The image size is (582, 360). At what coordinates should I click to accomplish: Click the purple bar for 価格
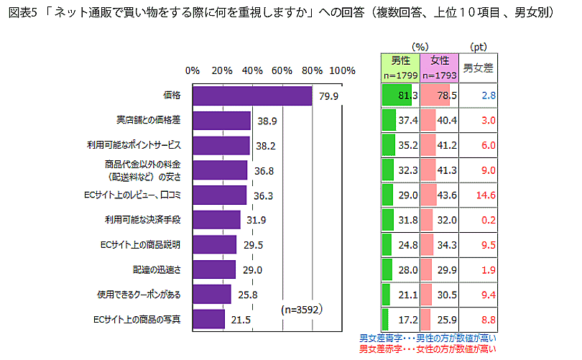pos(252,96)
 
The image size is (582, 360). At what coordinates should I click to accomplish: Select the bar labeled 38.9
pos(221,121)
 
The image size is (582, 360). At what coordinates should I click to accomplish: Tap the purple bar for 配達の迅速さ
pos(214,269)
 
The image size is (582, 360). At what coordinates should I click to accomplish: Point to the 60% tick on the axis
pos(282,70)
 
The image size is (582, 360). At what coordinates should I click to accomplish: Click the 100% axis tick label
pos(342,70)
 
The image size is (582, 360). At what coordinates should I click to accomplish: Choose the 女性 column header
pos(440,61)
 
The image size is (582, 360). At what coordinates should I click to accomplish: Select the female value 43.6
pos(446,194)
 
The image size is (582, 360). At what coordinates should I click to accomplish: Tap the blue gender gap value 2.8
pos(489,96)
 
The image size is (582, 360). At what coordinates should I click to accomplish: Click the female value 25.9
pos(446,318)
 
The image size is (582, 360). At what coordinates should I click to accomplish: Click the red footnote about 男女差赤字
pos(427,349)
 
